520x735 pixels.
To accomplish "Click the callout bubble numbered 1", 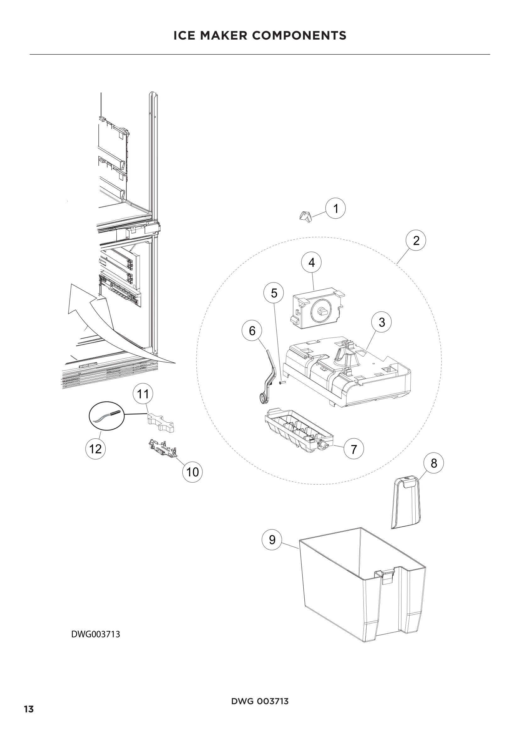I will pyautogui.click(x=335, y=208).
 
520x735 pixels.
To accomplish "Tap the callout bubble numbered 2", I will pyautogui.click(x=416, y=240).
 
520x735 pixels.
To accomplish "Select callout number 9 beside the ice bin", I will pyautogui.click(x=272, y=540).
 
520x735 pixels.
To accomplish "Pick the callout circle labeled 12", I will pyautogui.click(x=96, y=449).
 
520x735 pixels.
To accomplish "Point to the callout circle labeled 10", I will pyautogui.click(x=192, y=472).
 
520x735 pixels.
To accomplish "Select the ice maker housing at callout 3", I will pyautogui.click(x=349, y=371).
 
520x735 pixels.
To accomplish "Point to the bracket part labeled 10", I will pyautogui.click(x=163, y=447).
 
